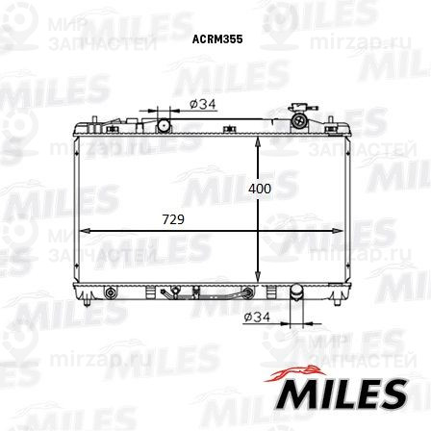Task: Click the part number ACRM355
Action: tap(217, 39)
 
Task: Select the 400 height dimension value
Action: tap(260, 189)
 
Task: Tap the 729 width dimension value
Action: tap(173, 219)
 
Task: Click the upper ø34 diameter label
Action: tap(203, 104)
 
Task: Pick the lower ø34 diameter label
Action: tap(257, 317)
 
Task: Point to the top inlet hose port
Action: tap(165, 125)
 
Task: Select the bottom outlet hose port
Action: tap(296, 292)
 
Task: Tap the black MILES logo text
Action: tap(341, 394)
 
